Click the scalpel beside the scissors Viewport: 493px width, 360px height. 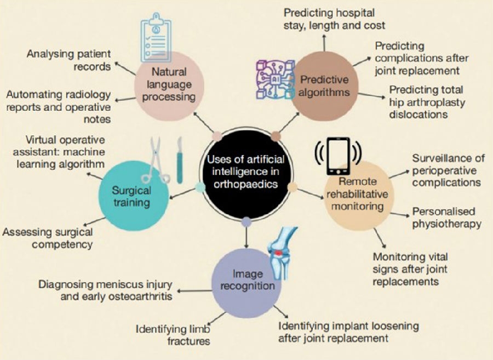[x=179, y=159]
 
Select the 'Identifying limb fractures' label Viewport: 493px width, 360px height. [x=173, y=335]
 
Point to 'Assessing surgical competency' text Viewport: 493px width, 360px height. [x=48, y=238]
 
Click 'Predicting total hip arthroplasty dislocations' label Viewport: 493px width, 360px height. [x=426, y=101]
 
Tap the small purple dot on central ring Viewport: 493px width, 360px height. [x=246, y=221]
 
